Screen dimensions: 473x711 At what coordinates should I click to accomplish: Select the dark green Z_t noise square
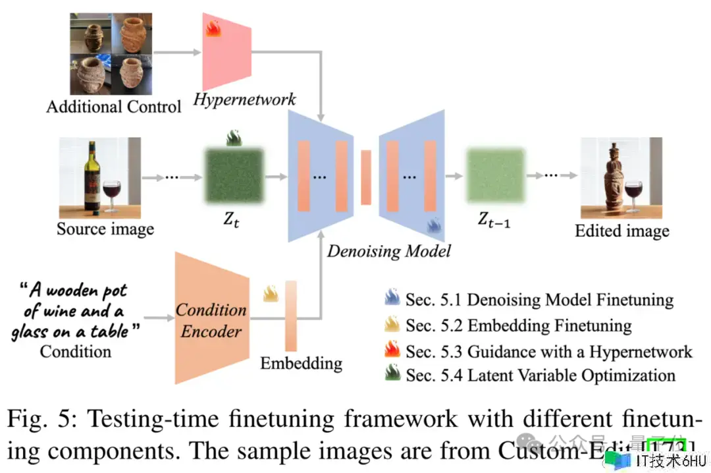234,176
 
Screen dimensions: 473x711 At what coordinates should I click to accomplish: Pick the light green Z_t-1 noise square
495,177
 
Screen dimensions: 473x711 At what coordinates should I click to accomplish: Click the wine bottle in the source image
92,181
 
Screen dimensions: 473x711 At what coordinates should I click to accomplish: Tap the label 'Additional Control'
113,107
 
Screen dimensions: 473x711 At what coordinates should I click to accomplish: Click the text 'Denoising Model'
390,251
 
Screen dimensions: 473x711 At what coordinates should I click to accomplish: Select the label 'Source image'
105,229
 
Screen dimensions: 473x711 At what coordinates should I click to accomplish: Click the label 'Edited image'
621,231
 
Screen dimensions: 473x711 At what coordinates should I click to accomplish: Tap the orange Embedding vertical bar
291,316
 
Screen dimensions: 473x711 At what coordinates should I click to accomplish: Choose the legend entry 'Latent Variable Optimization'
540,376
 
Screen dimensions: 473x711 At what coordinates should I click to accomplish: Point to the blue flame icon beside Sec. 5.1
392,300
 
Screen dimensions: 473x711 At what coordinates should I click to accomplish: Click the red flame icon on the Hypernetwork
213,28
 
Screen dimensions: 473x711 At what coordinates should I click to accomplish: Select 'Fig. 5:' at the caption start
41,419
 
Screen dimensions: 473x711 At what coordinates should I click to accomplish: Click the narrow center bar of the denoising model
366,177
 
